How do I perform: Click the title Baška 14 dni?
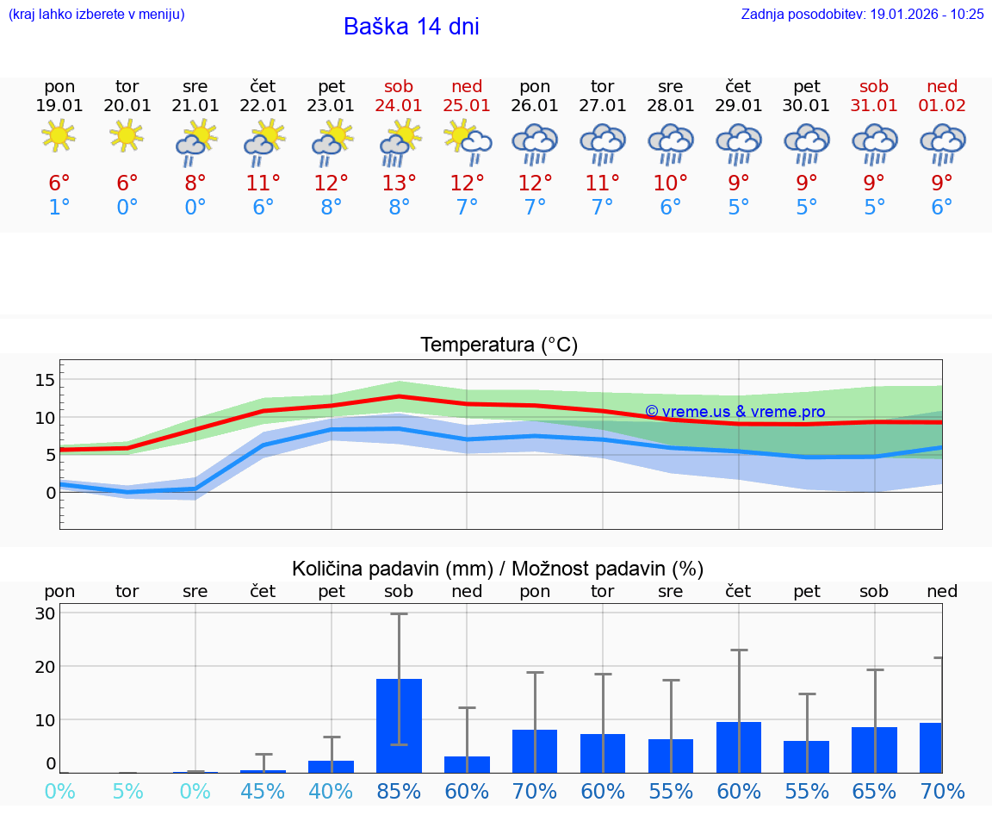[411, 27]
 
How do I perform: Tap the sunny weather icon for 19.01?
[59, 135]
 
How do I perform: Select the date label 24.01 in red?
[399, 106]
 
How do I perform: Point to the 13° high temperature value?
[399, 183]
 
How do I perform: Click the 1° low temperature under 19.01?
[59, 207]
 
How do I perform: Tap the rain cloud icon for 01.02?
[942, 143]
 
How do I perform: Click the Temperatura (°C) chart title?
[499, 345]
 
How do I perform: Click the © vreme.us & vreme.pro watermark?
[735, 412]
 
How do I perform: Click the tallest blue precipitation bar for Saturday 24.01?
[399, 725]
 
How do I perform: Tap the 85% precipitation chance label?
[399, 791]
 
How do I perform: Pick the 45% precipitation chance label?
[263, 791]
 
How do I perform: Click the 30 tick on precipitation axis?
[45, 613]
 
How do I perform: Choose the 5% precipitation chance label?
[127, 791]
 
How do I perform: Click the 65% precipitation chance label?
[874, 791]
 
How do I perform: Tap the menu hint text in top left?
[96, 14]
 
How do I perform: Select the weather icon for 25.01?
[467, 141]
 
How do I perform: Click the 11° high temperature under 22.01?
[263, 183]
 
